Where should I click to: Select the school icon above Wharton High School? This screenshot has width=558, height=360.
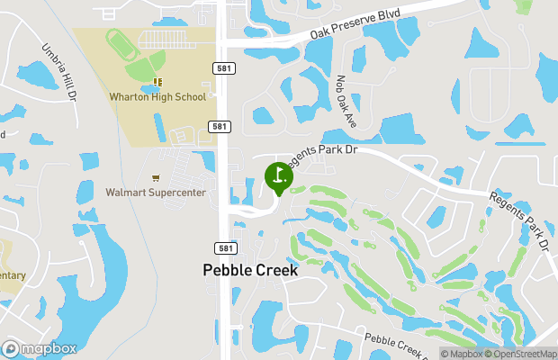pos(157,82)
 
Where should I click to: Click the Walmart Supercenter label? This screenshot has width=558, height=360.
pos(156,192)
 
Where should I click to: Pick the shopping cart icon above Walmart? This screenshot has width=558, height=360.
pos(156,178)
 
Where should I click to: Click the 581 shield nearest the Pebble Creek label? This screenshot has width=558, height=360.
pos(224,247)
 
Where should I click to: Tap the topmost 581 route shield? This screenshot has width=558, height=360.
pos(220,68)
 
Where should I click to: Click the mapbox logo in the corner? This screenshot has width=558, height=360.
pos(38,348)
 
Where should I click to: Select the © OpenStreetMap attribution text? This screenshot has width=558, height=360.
pos(520,354)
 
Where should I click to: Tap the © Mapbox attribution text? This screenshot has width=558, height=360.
pos(462,354)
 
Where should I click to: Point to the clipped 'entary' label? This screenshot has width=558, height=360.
pos(13,275)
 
